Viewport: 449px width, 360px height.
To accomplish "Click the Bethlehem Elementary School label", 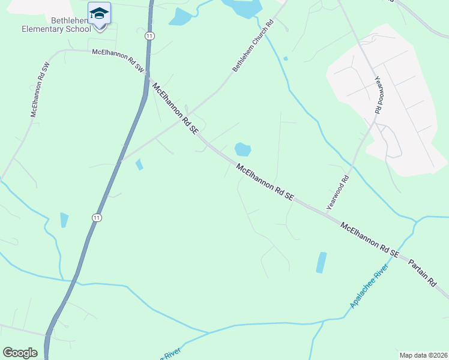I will tap(55, 24).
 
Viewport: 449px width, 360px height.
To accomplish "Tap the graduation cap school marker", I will tap(99, 13).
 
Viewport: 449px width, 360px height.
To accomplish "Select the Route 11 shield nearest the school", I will tap(149, 36).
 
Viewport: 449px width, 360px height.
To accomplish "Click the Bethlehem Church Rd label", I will tap(253, 47).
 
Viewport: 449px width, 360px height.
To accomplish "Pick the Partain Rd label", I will tap(423, 273).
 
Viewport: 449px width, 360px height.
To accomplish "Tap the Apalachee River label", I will tap(369, 285).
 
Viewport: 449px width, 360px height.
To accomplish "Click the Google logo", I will tap(20, 353).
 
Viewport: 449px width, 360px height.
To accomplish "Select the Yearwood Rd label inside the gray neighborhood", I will tap(378, 94).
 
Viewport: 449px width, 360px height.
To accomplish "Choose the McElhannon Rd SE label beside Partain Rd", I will tap(369, 240).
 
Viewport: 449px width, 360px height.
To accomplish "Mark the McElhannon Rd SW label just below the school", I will tap(119, 61).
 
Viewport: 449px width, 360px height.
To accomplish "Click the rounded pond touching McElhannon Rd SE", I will tap(242, 149).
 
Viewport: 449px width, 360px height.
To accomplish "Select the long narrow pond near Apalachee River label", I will tap(322, 262).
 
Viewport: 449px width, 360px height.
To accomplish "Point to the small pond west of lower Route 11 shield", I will tap(64, 220).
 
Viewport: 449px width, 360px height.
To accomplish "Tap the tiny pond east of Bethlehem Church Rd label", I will tap(285, 58).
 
